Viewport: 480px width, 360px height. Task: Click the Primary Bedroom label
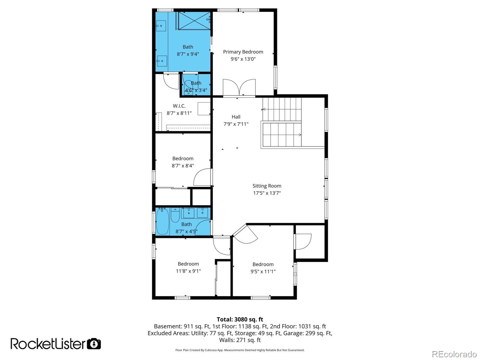pyautogui.click(x=243, y=52)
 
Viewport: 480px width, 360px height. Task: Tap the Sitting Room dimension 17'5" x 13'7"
pyautogui.click(x=267, y=193)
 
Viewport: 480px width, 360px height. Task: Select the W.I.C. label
pyautogui.click(x=179, y=106)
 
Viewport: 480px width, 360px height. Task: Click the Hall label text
pyautogui.click(x=236, y=117)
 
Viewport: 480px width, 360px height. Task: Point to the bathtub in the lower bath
pyautogui.click(x=162, y=221)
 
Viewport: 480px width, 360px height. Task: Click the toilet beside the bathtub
pyautogui.click(x=175, y=216)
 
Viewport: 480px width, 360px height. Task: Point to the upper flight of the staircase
pyautogui.click(x=282, y=109)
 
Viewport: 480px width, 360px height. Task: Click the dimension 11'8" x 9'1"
pyautogui.click(x=188, y=271)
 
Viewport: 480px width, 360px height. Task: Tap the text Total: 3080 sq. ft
pyautogui.click(x=240, y=319)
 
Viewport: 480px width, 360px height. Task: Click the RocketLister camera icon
pyautogui.click(x=94, y=343)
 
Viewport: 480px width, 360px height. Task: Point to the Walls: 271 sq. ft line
pyautogui.click(x=240, y=340)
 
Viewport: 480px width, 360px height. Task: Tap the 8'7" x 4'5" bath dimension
pyautogui.click(x=186, y=231)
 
